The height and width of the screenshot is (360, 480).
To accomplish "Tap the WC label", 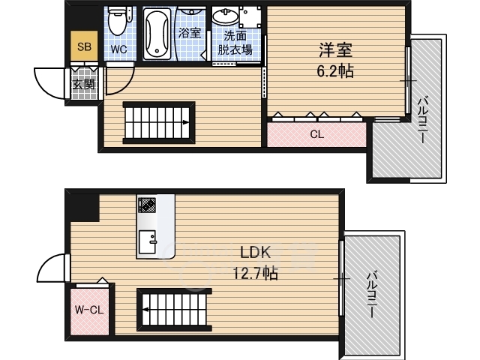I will click(x=118, y=49).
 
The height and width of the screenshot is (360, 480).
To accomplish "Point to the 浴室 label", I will click(x=189, y=33).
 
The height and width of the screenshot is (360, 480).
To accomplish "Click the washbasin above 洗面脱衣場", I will click(x=224, y=17).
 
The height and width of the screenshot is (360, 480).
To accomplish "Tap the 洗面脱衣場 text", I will click(x=234, y=43).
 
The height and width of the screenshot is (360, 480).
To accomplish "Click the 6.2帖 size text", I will click(x=335, y=72).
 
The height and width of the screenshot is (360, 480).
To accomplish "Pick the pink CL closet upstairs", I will click(x=316, y=134).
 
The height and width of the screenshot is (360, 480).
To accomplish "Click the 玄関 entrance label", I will click(x=82, y=85).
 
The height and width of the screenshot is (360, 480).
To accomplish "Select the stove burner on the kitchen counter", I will click(x=145, y=205).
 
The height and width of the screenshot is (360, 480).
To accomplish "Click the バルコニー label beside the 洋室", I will click(x=423, y=120).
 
